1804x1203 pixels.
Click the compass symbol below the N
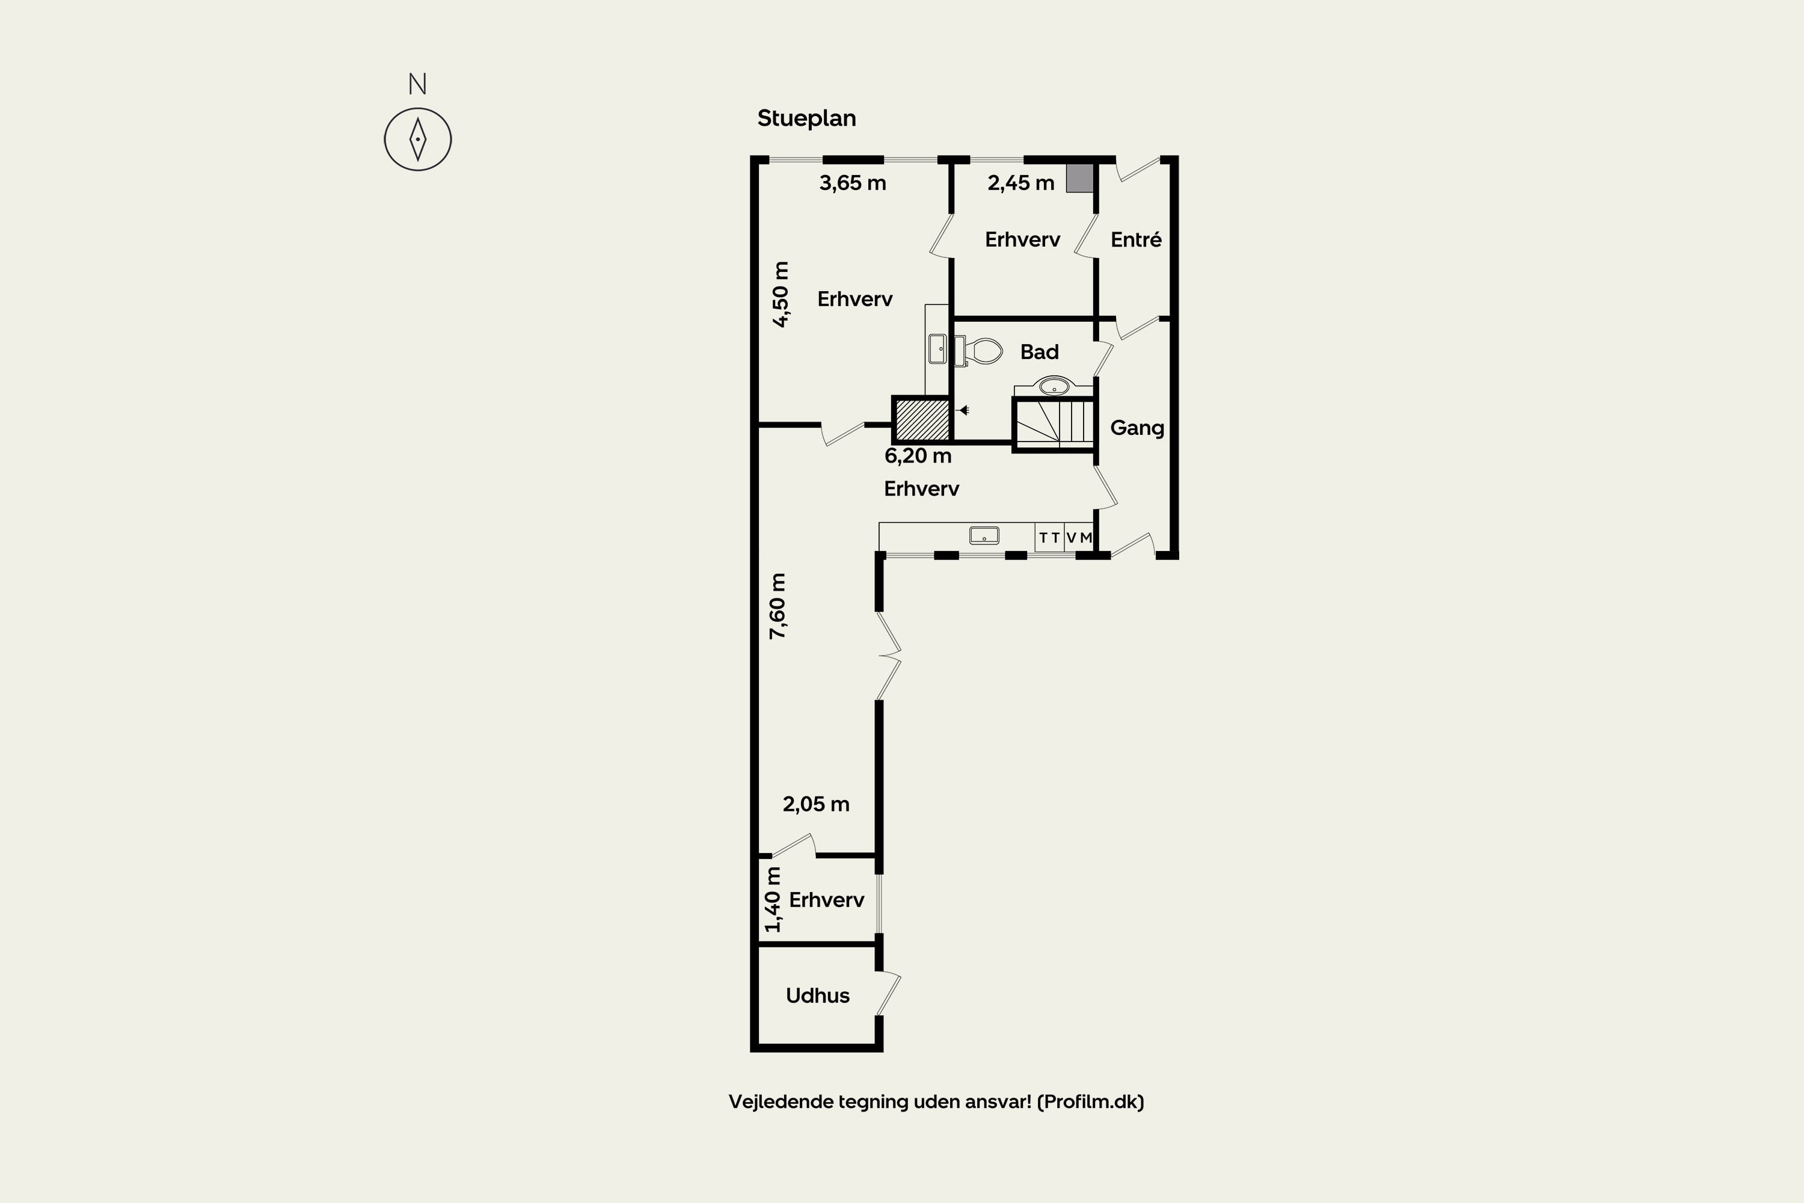417,139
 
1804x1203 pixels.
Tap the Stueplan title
806,118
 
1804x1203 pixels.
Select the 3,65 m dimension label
852,183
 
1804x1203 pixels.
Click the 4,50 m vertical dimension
780,294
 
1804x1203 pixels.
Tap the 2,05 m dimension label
815,804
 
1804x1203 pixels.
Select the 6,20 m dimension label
918,456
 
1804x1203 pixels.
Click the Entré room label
1136,239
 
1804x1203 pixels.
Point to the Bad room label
1039,351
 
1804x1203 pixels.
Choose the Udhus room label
818,995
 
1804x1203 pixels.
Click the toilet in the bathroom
979,351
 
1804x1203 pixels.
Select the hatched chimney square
922,419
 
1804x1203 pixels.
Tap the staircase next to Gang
1054,423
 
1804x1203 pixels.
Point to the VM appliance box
1078,538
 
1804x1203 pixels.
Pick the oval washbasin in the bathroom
1054,385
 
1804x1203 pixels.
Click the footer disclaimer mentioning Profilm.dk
936,1102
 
